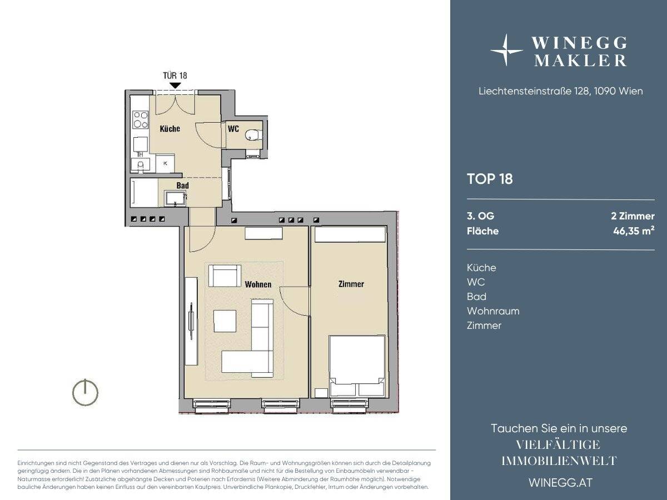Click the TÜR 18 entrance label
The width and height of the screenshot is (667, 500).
(175, 76)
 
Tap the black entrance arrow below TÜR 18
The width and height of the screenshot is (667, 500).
(175, 86)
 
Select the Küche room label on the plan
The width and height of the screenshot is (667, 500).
(170, 129)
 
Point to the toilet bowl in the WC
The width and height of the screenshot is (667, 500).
(253, 135)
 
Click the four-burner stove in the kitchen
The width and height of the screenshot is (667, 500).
(141, 119)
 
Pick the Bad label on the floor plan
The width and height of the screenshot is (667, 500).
(183, 185)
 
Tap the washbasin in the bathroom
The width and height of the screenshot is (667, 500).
(175, 198)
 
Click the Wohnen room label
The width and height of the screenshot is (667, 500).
(258, 284)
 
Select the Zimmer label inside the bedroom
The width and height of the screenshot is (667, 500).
(351, 284)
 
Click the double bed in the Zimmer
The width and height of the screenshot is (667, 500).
(357, 366)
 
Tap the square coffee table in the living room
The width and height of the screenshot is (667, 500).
(225, 321)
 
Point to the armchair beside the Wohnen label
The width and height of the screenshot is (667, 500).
(225, 276)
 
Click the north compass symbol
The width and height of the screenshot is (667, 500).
(85, 392)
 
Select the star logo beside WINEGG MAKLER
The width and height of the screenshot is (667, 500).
(506, 51)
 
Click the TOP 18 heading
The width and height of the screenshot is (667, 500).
(490, 179)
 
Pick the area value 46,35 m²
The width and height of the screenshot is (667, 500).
(634, 231)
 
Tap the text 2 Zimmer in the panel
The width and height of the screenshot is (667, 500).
(633, 216)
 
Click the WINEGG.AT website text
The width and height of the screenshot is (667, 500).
(561, 483)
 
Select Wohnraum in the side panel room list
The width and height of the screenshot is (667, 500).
(493, 311)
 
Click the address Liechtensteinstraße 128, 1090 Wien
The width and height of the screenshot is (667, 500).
(561, 91)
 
